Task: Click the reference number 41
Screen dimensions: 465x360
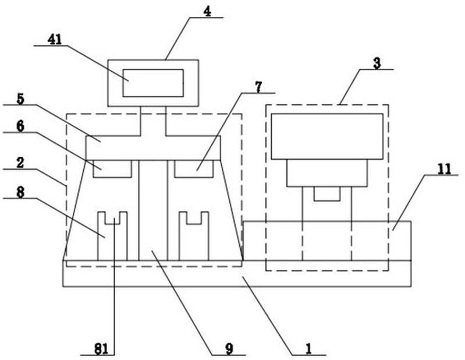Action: coord(55,40)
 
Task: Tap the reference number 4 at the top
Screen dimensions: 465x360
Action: coord(207,12)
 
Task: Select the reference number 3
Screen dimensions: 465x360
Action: coord(377,63)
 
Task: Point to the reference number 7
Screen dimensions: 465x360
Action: coord(258,87)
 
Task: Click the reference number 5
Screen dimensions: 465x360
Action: coord(20,99)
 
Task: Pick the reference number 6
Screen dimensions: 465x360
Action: coord(20,126)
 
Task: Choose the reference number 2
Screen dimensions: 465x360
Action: coord(20,163)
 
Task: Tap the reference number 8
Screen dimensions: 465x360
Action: coord(20,193)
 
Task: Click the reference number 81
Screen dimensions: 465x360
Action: coord(101,350)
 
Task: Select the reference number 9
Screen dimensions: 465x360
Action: coord(229,349)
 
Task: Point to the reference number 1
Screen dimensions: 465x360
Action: coord(308,349)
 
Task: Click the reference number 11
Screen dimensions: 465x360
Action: coord(444,170)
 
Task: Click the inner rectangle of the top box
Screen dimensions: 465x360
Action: coord(153,83)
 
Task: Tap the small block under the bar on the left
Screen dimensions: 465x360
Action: coord(112,169)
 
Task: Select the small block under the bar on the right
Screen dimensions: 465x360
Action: coord(194,169)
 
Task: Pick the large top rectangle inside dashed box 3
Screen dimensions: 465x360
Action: coord(327,136)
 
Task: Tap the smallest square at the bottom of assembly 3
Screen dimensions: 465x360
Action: coord(327,194)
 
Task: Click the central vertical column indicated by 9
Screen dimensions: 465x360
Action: coord(153,210)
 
